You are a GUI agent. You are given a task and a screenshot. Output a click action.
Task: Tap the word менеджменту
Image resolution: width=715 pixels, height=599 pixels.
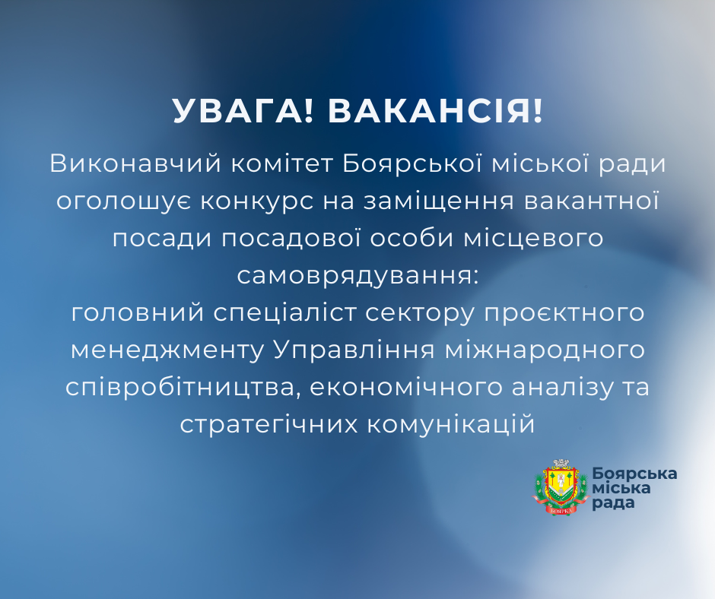[x=165, y=350]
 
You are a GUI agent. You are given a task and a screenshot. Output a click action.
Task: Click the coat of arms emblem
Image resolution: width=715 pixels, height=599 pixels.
[x=561, y=487]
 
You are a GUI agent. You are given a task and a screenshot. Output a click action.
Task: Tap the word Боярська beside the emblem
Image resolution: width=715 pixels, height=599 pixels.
[x=634, y=474]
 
